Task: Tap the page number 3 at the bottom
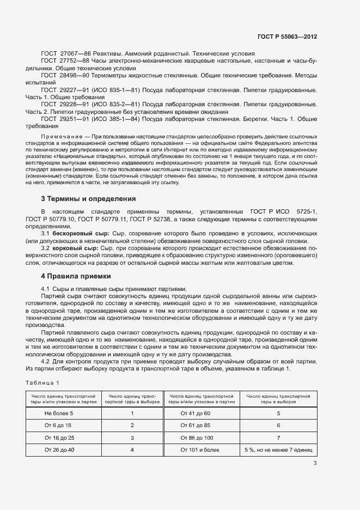point(315,464)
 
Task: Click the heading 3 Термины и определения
point(84,198)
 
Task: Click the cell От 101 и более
point(200,450)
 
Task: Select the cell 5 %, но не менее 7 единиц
point(278,450)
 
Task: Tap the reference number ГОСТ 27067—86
point(65,54)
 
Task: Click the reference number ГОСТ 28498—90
point(65,75)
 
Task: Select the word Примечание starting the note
point(59,135)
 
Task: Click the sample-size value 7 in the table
point(278,438)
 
